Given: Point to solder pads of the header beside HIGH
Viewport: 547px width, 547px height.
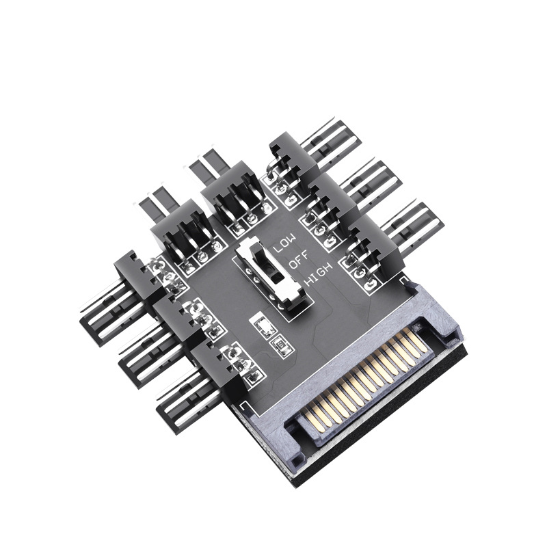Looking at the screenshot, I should pyautogui.click(x=359, y=270).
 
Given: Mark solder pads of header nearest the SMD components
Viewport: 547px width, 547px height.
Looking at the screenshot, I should pyautogui.click(x=243, y=362).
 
